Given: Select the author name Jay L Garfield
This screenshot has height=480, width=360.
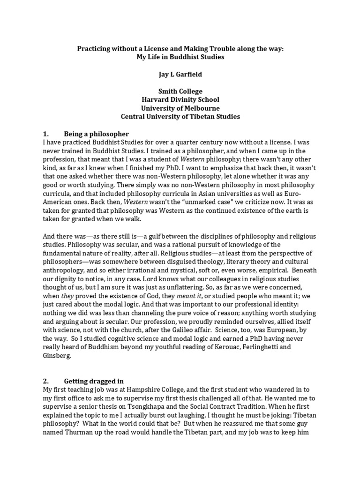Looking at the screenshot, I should tap(180, 74).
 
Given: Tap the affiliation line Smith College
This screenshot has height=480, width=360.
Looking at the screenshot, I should tap(180, 91).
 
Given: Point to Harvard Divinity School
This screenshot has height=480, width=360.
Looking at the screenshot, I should tap(180, 100).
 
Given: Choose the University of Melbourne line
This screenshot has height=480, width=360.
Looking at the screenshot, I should tap(180, 108).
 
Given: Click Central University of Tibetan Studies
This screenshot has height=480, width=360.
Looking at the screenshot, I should tap(180, 117).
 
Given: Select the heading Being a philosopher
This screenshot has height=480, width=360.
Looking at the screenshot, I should tap(96, 134).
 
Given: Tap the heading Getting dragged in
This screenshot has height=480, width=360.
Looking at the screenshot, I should tap(94, 381).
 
